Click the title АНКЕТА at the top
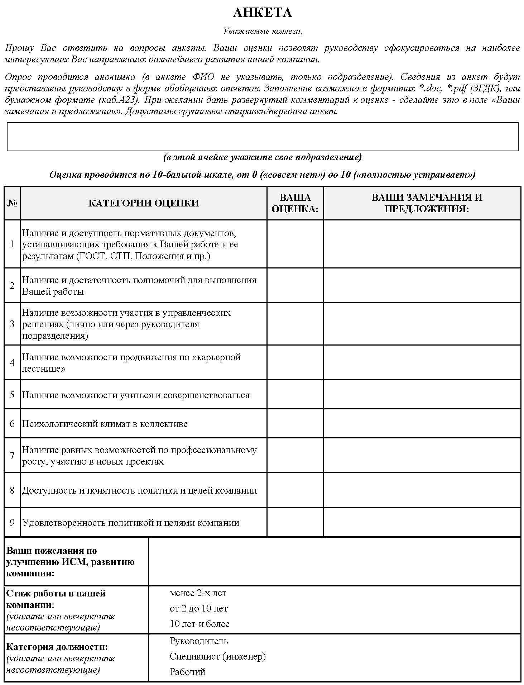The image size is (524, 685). (262, 13)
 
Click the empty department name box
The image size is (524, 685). (262, 136)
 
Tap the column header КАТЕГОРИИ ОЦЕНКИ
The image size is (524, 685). (143, 203)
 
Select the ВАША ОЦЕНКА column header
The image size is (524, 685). (295, 203)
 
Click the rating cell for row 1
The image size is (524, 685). (295, 244)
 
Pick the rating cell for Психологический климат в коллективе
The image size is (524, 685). (295, 423)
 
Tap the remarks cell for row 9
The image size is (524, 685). (422, 522)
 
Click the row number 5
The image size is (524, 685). (12, 395)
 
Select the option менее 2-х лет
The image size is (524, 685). (198, 593)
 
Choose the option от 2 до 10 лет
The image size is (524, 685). (198, 609)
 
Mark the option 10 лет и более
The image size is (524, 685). (199, 624)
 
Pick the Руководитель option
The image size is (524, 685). (198, 641)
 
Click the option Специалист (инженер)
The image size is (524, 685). (217, 656)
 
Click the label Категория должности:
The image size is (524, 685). (57, 647)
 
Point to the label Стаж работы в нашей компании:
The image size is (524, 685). (56, 599)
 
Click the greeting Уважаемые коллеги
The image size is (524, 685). (262, 31)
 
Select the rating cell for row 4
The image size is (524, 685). (295, 362)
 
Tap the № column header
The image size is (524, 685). (12, 203)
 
